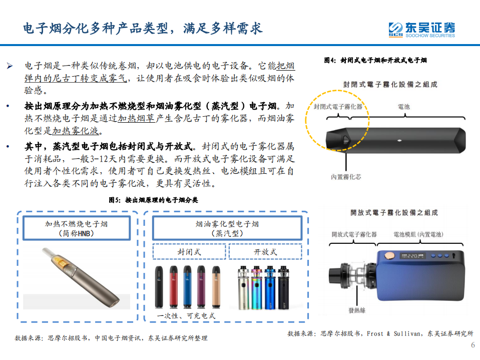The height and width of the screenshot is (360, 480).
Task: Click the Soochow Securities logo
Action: tap(422, 29)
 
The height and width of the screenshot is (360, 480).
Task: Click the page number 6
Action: tap(472, 345)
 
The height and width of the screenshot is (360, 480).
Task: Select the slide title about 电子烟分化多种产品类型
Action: tap(143, 28)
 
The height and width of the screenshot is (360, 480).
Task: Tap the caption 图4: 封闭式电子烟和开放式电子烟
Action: tap(375, 60)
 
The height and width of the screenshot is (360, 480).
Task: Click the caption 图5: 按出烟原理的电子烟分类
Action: tap(153, 200)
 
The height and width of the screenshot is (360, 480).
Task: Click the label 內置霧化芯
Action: tap(346, 177)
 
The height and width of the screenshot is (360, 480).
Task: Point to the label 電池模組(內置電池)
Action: tap(418, 234)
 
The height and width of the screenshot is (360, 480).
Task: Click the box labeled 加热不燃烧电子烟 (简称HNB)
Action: tap(76, 229)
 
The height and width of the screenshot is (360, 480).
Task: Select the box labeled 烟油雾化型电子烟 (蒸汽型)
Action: tap(227, 229)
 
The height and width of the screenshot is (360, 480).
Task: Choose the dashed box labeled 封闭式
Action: tap(189, 252)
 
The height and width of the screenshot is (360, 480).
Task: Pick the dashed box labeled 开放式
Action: tap(265, 252)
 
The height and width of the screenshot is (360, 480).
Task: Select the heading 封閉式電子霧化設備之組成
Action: tap(390, 85)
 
